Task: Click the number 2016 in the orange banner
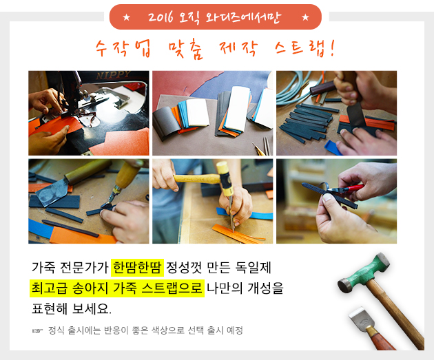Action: (161, 17)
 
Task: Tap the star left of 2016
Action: (127, 17)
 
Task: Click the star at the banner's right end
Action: (305, 17)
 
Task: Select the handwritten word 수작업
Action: (123, 48)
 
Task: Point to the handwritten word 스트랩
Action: (300, 48)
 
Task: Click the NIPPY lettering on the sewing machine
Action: (113, 74)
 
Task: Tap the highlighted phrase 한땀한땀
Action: (137, 267)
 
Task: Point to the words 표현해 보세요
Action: (72, 308)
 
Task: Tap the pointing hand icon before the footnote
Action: (37, 330)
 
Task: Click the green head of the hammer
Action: (364, 272)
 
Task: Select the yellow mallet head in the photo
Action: (225, 178)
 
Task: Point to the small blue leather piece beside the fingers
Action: (334, 148)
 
